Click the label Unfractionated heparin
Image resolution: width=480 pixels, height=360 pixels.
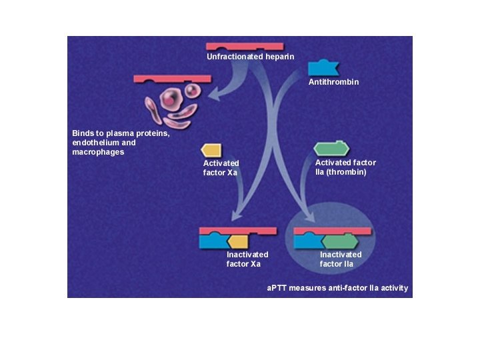pyautogui.click(x=250, y=57)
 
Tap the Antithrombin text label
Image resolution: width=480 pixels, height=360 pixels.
pyautogui.click(x=333, y=82)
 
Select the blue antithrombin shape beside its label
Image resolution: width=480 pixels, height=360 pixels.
pyautogui.click(x=323, y=67)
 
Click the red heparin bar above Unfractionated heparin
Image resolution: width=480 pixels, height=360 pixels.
pyautogui.click(x=245, y=47)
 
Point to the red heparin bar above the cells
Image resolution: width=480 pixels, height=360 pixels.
pyautogui.click(x=172, y=79)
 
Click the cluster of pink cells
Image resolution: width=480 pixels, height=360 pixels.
pyautogui.click(x=171, y=105)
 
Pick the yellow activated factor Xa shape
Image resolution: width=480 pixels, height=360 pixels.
pyautogui.click(x=211, y=151)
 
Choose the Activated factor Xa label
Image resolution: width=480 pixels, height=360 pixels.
pyautogui.click(x=221, y=167)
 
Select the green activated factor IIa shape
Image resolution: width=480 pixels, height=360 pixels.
pyautogui.click(x=332, y=149)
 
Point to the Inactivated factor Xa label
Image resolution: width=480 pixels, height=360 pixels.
pyautogui.click(x=247, y=259)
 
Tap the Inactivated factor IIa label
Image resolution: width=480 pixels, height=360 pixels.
pyautogui.click(x=340, y=259)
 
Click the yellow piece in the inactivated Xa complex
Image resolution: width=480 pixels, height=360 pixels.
pyautogui.click(x=237, y=241)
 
